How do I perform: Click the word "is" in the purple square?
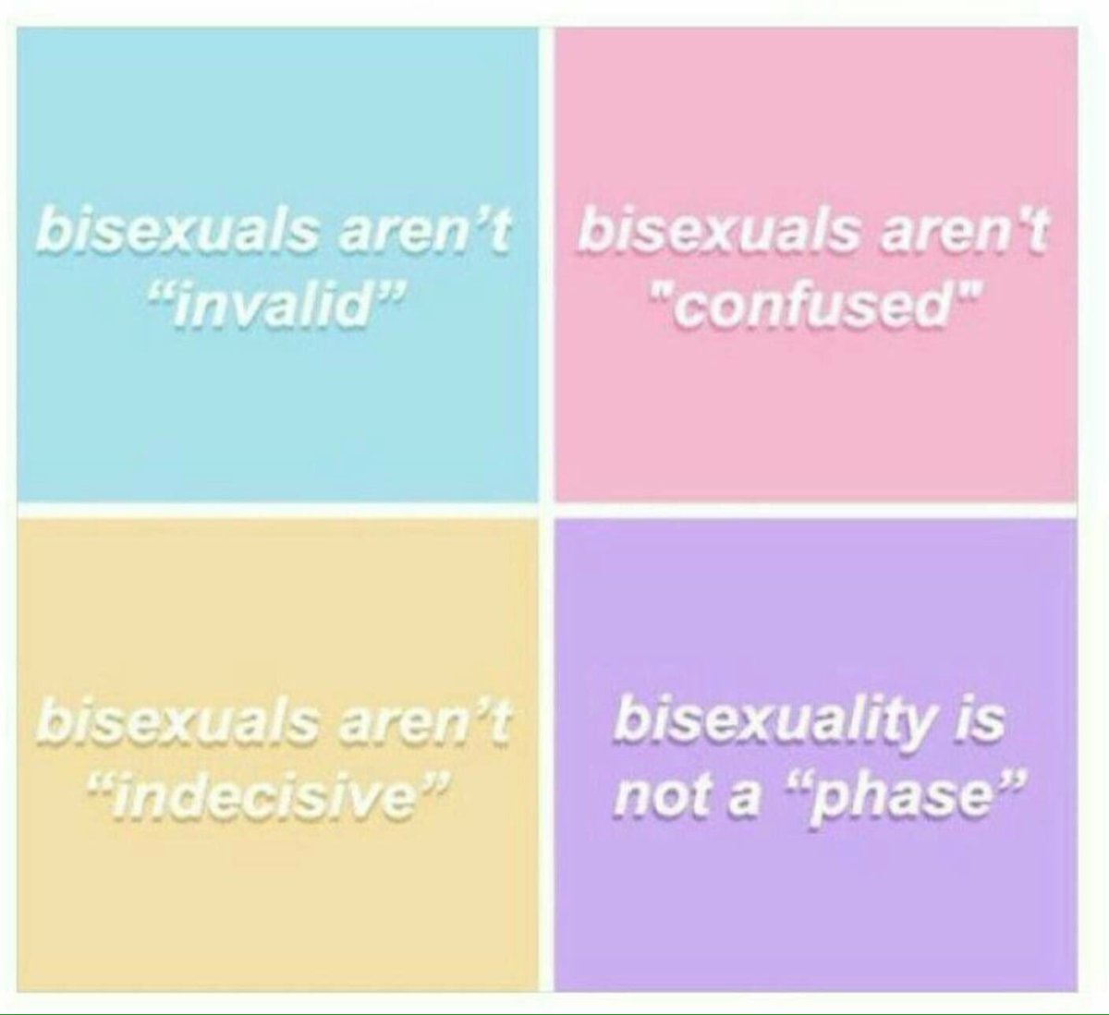979,723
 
